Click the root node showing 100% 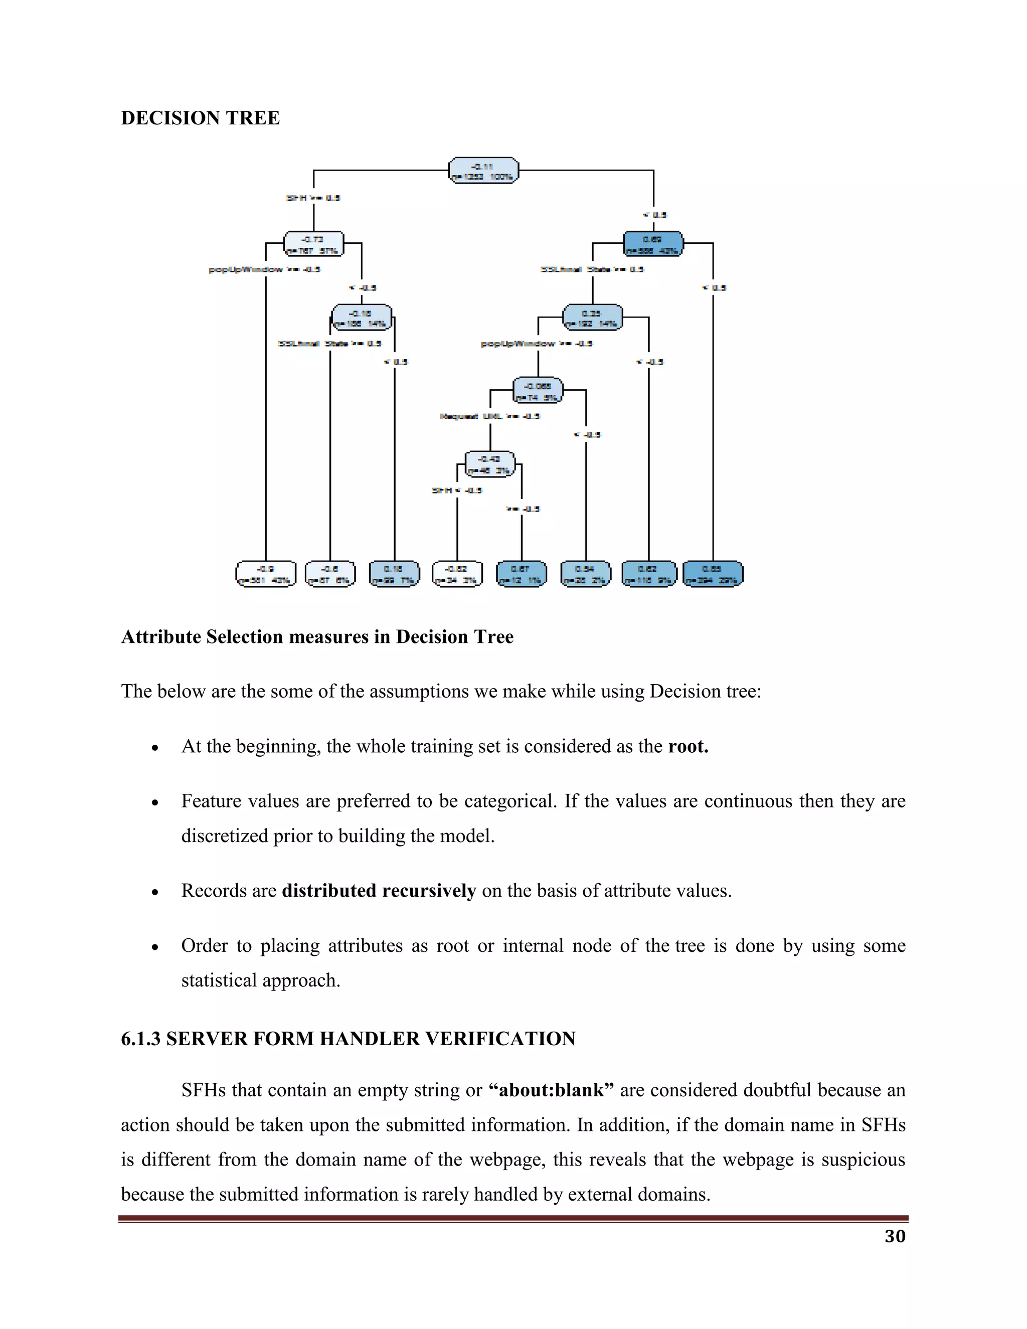point(484,171)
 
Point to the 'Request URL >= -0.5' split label point(490,416)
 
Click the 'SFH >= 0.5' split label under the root point(313,198)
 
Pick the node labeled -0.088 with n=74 point(538,391)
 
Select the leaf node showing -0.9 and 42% point(266,574)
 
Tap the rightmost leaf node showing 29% point(713,574)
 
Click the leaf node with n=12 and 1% point(522,574)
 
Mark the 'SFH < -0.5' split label point(457,490)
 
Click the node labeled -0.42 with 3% point(490,464)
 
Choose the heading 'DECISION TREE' point(200,118)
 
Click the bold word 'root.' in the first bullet point(688,747)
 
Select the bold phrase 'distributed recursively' point(379,891)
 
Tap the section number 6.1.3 point(140,1039)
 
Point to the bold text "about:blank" point(551,1090)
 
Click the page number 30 point(895,1236)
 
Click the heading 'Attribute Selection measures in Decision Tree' point(317,637)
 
